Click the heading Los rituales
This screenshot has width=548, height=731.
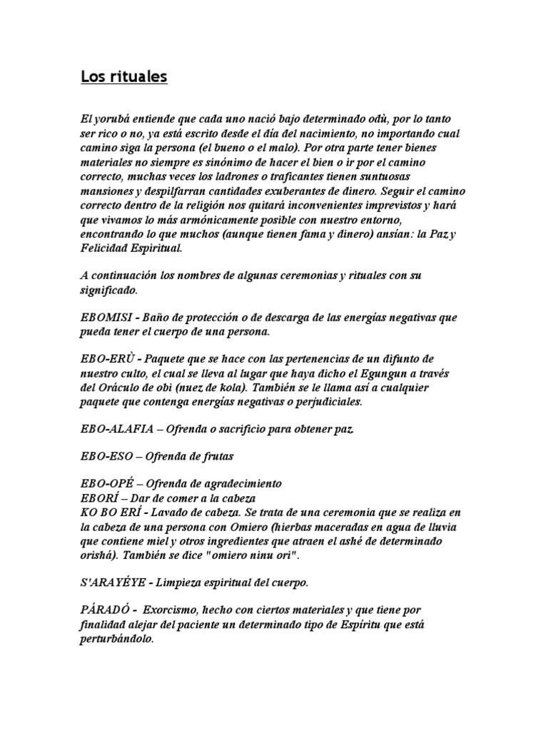point(123,76)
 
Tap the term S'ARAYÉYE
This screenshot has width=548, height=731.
point(113,583)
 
